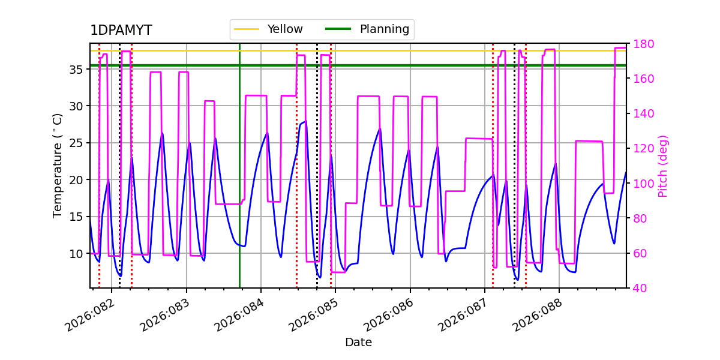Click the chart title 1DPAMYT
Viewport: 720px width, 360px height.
(x=121, y=31)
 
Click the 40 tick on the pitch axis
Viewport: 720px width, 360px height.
(x=639, y=289)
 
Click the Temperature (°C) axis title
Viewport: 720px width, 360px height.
(x=58, y=166)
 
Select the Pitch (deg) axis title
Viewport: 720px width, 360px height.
(x=663, y=166)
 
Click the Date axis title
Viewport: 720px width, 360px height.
(x=358, y=343)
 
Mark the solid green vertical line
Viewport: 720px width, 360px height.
(x=239, y=180)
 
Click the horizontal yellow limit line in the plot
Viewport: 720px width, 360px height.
(x=420, y=50)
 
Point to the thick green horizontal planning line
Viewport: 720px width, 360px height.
(x=420, y=65)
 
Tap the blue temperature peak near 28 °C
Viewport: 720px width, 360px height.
(x=305, y=122)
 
